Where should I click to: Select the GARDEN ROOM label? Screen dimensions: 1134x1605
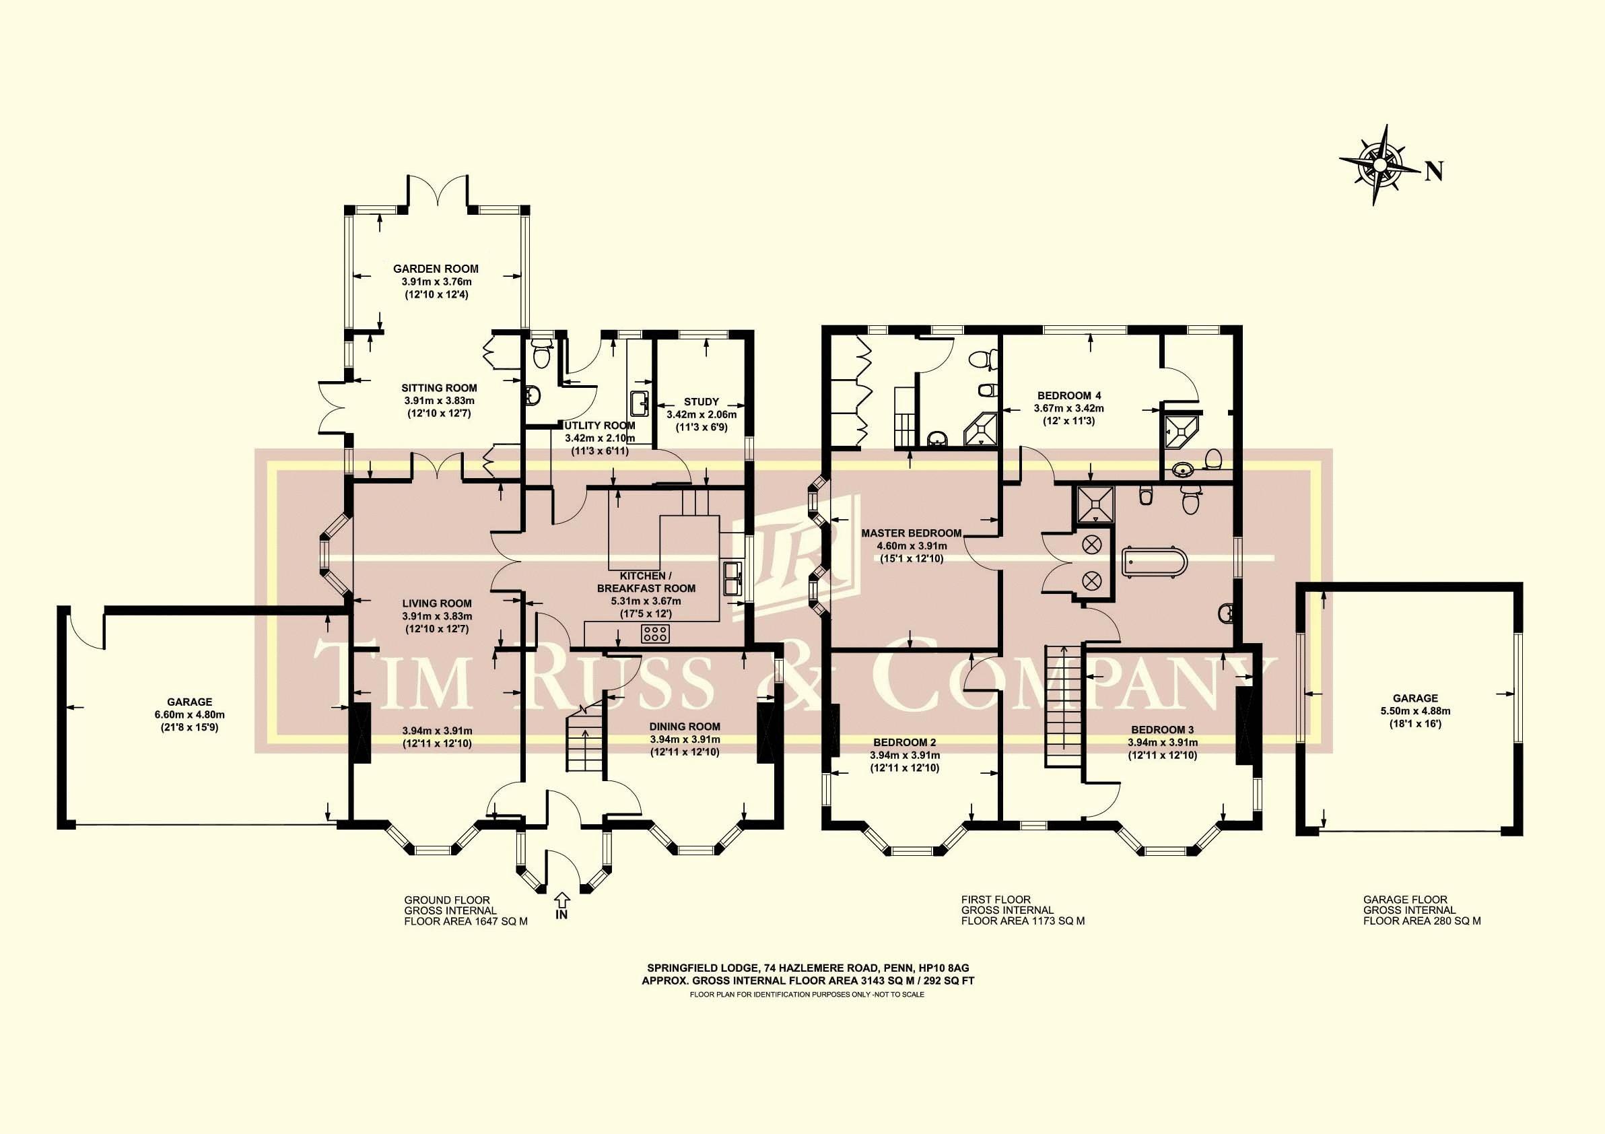[436, 269]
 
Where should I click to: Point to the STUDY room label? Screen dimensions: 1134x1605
[701, 401]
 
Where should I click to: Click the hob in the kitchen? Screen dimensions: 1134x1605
[656, 634]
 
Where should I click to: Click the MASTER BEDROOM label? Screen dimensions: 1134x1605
[911, 533]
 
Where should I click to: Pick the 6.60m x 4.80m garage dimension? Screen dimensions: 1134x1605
[189, 714]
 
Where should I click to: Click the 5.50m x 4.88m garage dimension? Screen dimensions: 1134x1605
[1415, 711]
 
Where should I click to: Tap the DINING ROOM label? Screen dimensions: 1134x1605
[685, 727]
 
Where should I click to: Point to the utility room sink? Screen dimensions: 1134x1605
[639, 403]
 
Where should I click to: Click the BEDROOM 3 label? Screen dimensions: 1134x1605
[1163, 729]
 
